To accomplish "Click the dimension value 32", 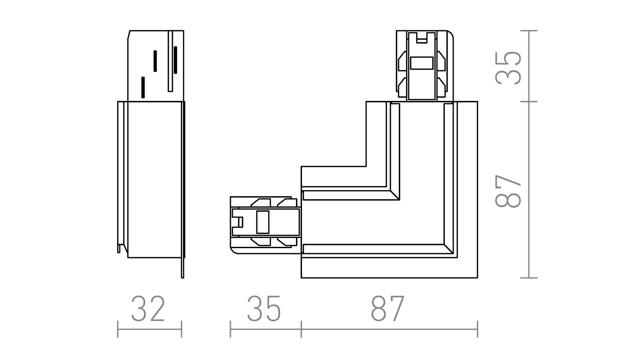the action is (148, 309).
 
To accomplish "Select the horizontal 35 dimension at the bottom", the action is (264, 309).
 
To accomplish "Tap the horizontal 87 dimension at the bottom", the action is (387, 309).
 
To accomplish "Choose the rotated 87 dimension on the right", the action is (508, 191).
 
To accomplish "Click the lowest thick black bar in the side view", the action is (143, 87).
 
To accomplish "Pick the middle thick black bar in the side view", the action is (155, 61).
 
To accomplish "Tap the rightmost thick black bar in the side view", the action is (176, 60).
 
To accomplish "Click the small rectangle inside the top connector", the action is (421, 63).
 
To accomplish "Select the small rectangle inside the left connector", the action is (263, 222).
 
